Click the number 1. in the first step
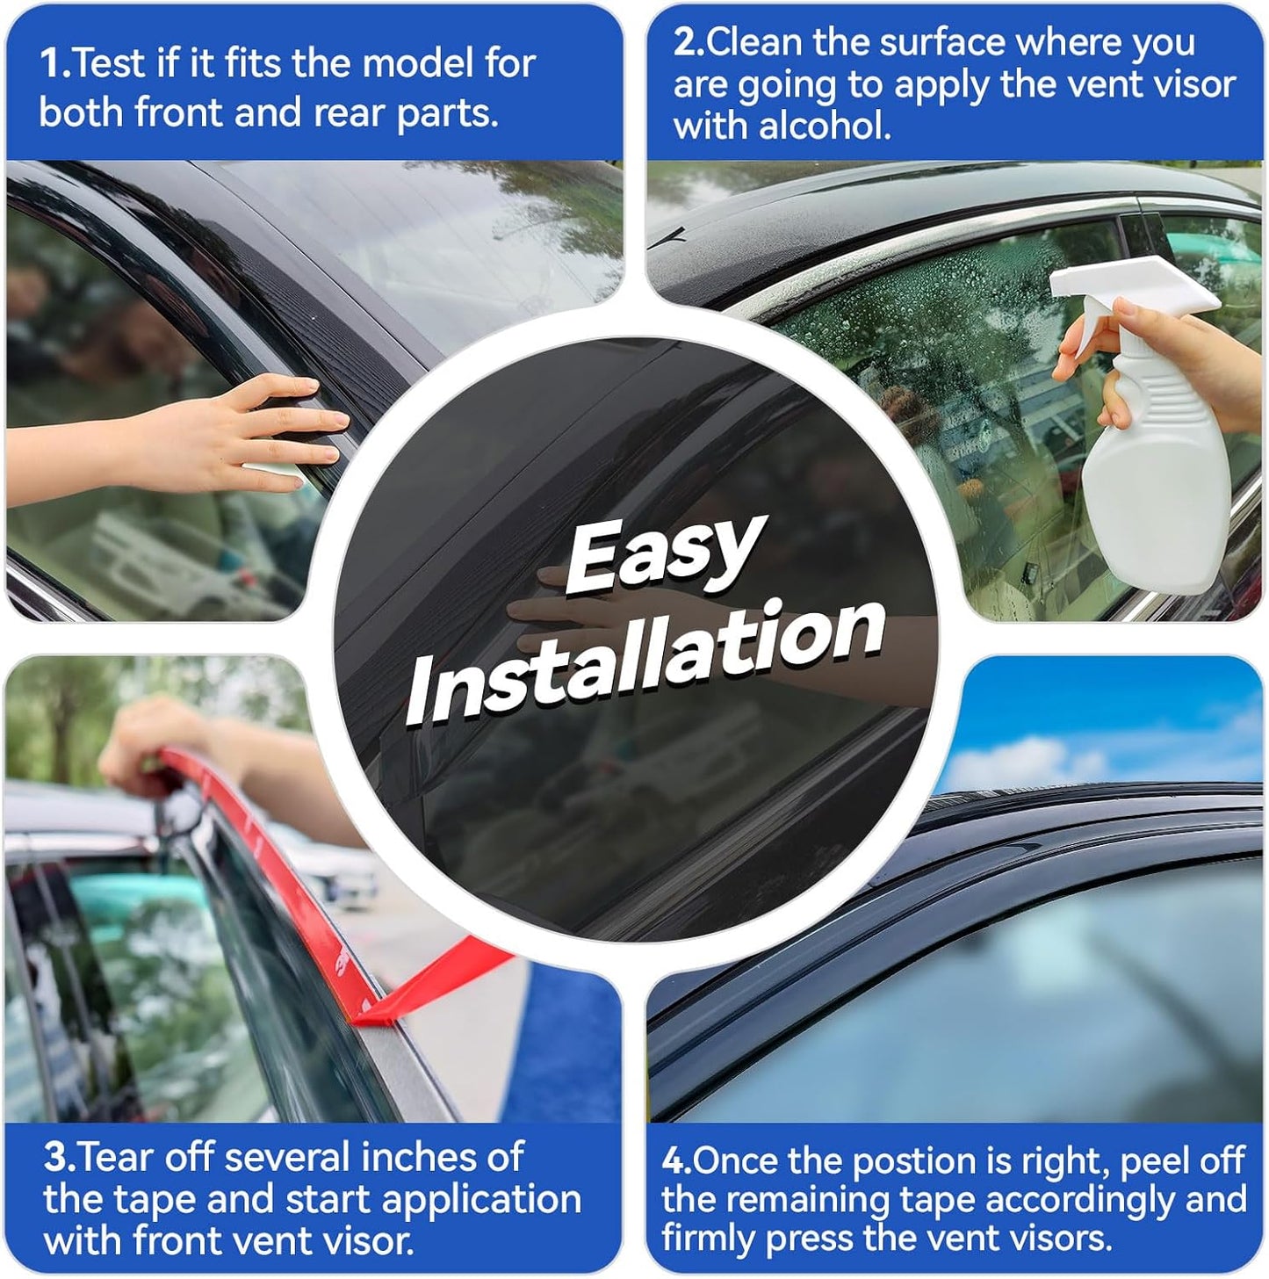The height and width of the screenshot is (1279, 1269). [x=54, y=64]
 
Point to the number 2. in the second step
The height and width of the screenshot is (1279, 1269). [x=689, y=43]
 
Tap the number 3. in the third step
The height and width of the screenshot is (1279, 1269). [x=60, y=1158]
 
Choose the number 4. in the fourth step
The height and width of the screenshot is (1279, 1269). [x=676, y=1161]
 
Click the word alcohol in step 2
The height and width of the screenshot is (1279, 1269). [x=825, y=126]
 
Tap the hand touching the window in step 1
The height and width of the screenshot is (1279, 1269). [x=263, y=430]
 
